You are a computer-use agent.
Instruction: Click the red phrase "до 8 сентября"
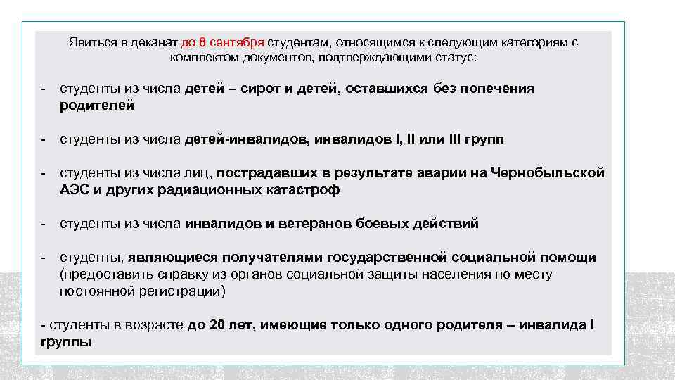click(222, 42)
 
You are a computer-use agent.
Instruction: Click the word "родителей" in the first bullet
click(97, 106)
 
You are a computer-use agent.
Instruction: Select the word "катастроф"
click(304, 190)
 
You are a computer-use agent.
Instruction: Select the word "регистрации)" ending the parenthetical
click(183, 291)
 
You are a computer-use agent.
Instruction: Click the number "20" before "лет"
click(217, 325)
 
